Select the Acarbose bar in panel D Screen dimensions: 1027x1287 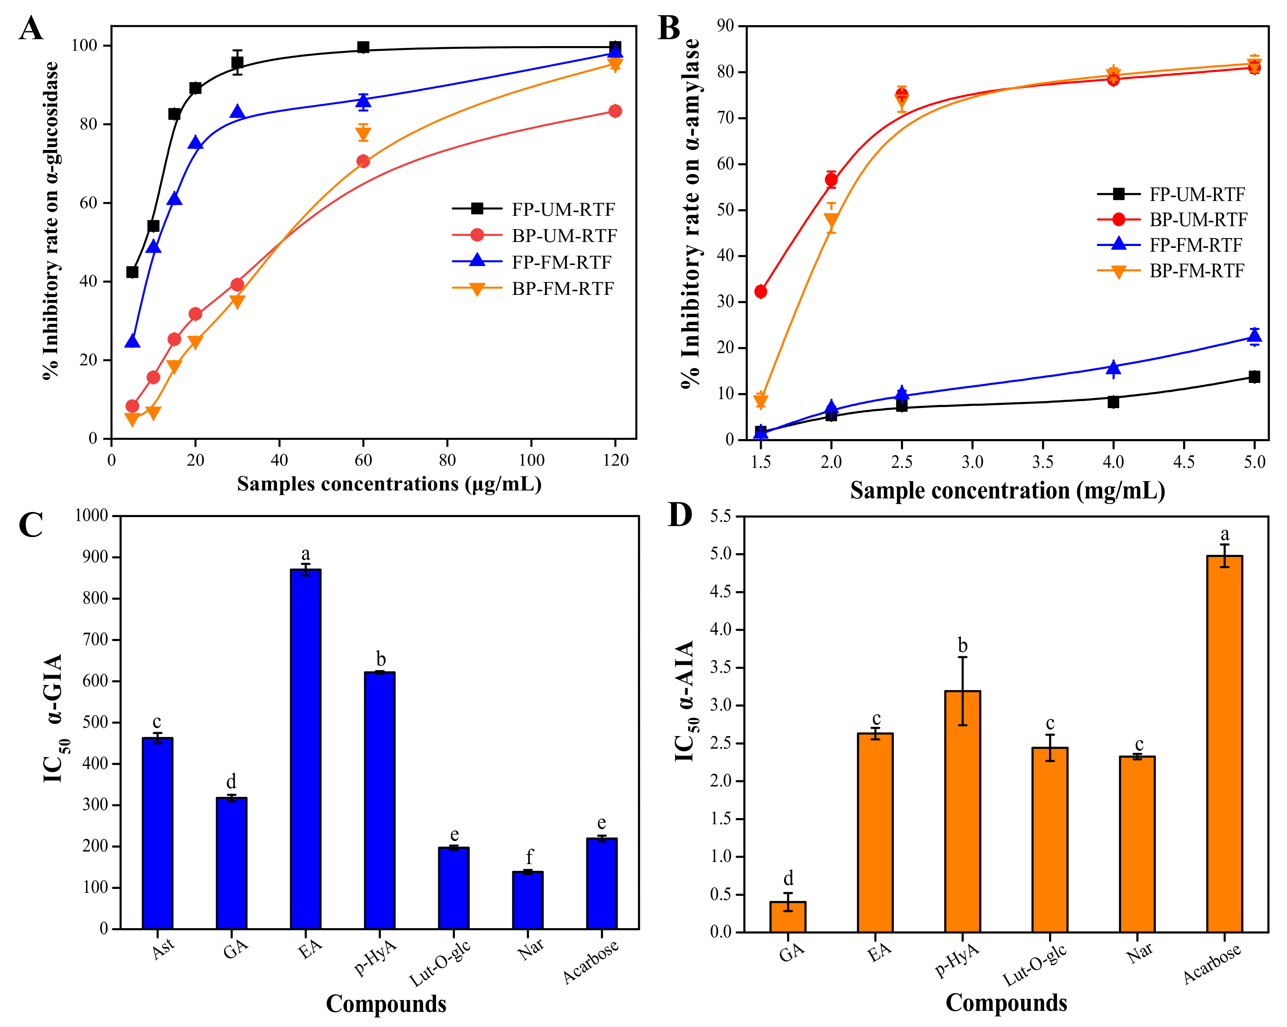[1224, 743]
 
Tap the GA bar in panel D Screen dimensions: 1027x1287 [787, 917]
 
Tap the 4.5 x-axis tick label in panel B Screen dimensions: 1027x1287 [1184, 462]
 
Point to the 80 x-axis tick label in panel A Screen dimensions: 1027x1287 [447, 460]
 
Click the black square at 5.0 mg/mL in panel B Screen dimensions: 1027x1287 [1254, 377]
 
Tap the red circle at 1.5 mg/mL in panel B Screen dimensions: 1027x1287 [760, 291]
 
